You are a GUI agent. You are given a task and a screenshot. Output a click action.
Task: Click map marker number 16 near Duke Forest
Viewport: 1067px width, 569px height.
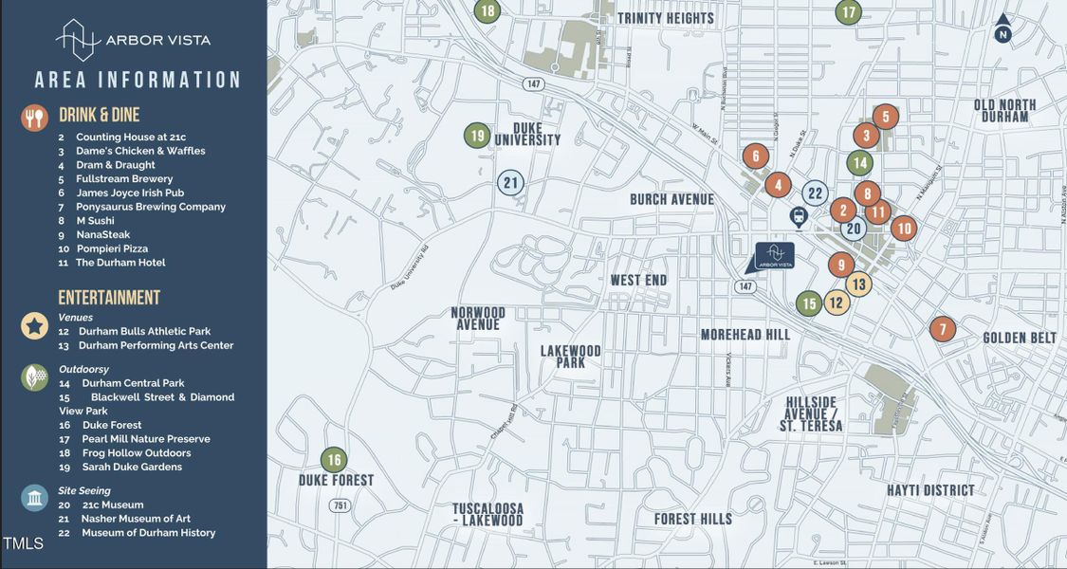[x=334, y=460]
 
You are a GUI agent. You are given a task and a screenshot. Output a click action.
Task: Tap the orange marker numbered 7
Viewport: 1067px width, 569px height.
[x=942, y=329]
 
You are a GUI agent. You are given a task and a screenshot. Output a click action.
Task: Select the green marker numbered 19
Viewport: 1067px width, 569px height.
[x=477, y=136]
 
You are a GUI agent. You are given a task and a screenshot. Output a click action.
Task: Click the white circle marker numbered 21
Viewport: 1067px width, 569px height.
[x=511, y=182]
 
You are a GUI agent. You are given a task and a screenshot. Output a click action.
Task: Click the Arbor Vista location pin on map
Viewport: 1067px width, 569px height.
[x=773, y=256]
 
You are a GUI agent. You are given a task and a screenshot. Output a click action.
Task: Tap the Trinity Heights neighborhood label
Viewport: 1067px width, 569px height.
[x=666, y=18]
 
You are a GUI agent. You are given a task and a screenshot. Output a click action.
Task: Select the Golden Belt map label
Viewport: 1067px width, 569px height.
[x=1020, y=338]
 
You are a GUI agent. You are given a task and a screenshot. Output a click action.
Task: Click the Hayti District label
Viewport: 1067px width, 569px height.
[x=930, y=490]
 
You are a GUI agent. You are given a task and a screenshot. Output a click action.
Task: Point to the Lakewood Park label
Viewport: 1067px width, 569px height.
[x=571, y=357]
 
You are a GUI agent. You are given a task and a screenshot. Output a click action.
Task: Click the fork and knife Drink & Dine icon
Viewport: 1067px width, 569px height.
[x=34, y=118]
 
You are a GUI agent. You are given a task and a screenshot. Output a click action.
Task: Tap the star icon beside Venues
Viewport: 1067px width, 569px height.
[x=34, y=326]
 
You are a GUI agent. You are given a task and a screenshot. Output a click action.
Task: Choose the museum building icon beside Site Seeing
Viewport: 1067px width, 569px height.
[x=34, y=498]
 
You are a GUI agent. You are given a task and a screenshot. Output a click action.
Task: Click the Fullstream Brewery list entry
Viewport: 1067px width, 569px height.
[x=124, y=178]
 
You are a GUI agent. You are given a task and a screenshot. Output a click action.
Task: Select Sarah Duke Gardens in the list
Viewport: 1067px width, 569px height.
[x=132, y=467]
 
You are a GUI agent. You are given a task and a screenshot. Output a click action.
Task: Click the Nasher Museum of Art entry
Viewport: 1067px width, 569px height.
[x=136, y=519]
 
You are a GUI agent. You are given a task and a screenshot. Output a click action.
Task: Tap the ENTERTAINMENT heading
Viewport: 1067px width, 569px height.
[x=109, y=298]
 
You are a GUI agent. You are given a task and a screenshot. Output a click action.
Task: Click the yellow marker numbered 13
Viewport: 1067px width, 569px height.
[x=858, y=284]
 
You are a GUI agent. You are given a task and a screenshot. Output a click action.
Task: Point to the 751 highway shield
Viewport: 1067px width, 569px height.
[x=340, y=505]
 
